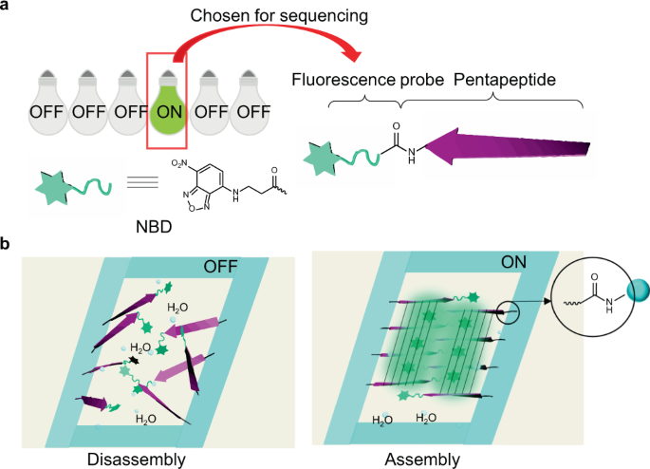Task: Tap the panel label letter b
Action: (8, 244)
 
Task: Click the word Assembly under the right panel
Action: (421, 460)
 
